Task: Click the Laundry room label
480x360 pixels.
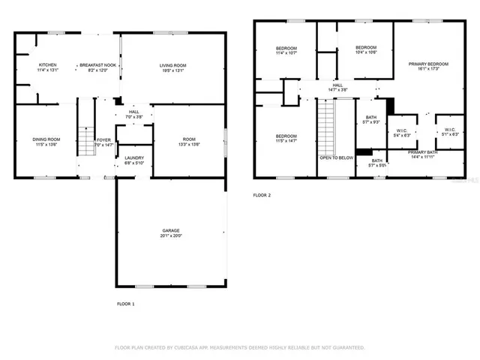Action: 134,160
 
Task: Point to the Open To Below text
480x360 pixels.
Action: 337,158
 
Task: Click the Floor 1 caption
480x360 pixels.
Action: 126,304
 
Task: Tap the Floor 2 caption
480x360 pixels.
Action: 262,195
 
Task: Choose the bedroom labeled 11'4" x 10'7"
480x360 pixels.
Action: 286,51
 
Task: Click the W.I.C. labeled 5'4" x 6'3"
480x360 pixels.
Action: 401,132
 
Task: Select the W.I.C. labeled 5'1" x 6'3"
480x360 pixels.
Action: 449,132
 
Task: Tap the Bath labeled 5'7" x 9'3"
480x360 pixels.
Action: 371,120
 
